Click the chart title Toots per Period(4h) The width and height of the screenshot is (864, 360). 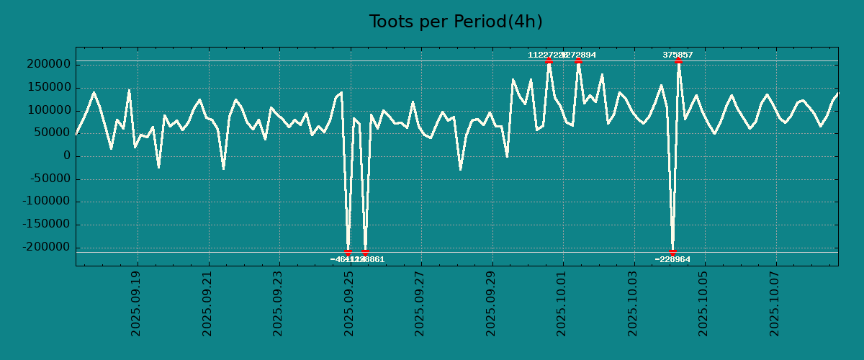456,22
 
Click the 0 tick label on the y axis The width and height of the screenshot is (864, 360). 67,156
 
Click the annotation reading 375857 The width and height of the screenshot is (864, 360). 678,55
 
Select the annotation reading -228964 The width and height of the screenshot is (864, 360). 672,259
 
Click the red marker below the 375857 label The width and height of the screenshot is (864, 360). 678,61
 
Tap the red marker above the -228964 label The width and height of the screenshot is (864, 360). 672,252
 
